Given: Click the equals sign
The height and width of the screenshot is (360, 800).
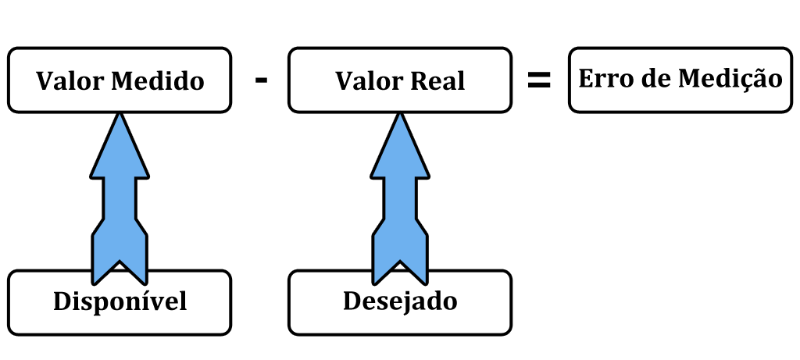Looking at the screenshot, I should pos(539,80).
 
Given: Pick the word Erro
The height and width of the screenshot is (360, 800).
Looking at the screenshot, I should pos(605,79).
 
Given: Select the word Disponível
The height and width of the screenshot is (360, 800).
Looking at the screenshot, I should pos(120,301).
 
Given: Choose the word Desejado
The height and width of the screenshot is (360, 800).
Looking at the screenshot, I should pos(400,301).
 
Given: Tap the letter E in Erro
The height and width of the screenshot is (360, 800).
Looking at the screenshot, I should pos(586,79).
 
